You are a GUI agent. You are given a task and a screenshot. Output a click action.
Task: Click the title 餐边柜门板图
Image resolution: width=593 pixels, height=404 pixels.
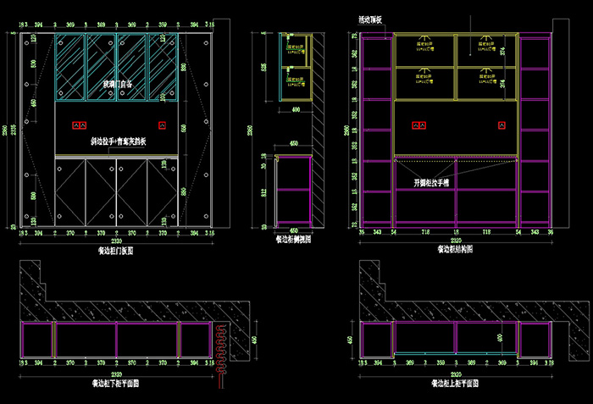point(115,251)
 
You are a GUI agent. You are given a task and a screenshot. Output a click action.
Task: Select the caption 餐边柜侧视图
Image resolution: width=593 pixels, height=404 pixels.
point(294,240)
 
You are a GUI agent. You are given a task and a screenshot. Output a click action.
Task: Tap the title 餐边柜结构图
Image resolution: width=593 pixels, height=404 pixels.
point(456,249)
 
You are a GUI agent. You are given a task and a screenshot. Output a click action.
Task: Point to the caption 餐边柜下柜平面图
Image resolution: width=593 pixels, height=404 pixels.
point(116,383)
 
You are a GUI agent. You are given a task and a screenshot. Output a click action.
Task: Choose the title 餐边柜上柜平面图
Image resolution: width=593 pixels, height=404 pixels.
point(457,383)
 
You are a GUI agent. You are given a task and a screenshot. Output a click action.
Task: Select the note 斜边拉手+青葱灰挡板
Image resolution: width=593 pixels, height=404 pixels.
point(119,142)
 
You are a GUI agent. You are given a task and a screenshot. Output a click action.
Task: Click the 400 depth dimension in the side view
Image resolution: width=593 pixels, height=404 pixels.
point(296,109)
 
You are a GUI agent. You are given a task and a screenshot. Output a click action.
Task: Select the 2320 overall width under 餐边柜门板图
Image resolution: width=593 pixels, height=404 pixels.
point(115,241)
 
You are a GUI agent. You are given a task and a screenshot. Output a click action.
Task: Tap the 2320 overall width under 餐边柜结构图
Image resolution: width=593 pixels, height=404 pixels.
point(456,241)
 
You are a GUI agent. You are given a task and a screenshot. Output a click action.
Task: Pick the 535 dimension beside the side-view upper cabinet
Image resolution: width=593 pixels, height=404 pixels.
point(263,67)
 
